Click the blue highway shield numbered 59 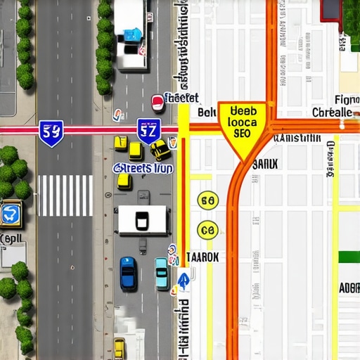click(51, 132)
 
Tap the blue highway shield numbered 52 click(148, 131)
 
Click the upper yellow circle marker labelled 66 click(207, 201)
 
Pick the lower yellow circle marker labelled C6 click(207, 229)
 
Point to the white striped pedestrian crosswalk click(65, 195)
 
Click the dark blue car click(128, 274)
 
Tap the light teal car click(161, 273)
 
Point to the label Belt click(206, 112)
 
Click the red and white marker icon click(158, 103)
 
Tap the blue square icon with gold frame click(12, 214)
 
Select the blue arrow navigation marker click(183, 281)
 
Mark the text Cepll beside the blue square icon click(11, 239)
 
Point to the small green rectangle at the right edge click(349, 257)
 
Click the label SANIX click(264, 164)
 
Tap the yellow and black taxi click(160, 149)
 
